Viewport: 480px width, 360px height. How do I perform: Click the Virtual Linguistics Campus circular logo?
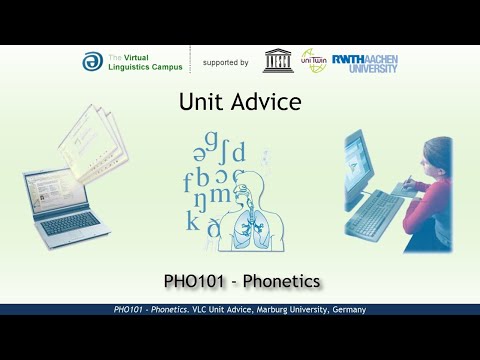click(91, 61)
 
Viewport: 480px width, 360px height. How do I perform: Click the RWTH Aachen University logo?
click(364, 62)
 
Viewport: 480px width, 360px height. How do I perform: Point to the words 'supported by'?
click(225, 62)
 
